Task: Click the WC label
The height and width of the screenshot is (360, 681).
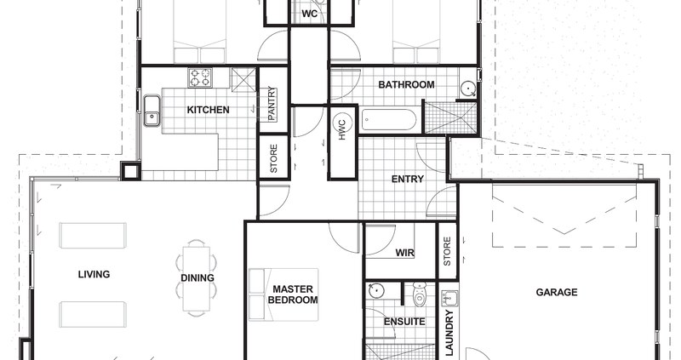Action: click(309, 14)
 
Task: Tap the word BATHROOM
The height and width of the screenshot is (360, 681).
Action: click(406, 84)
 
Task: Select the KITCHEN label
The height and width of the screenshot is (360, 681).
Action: click(208, 110)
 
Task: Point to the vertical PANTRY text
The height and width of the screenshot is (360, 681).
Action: click(272, 105)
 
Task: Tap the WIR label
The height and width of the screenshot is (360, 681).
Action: click(404, 253)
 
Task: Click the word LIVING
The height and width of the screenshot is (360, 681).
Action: click(94, 274)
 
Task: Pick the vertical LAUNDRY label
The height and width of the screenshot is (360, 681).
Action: click(449, 332)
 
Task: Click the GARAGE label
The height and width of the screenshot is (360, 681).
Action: click(557, 292)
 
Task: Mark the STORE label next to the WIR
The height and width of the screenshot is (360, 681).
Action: click(448, 252)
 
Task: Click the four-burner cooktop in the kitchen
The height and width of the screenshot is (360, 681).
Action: click(201, 78)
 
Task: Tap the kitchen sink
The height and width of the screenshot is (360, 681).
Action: click(153, 111)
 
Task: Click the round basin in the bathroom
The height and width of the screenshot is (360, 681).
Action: click(467, 88)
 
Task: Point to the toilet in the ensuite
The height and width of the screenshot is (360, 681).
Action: click(419, 295)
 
